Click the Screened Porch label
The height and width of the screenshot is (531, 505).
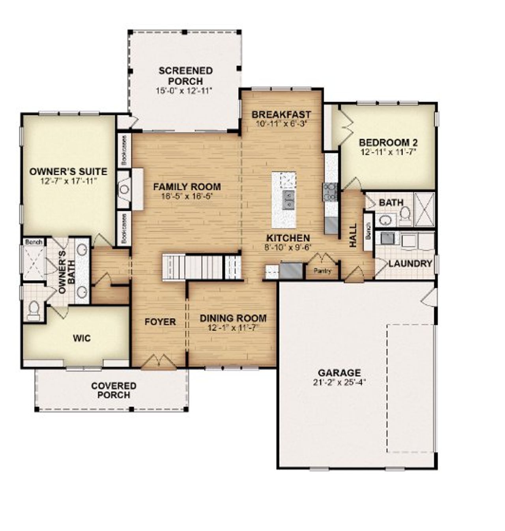185,76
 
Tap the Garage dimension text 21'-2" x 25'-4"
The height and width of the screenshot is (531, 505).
339,382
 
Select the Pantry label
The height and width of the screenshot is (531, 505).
322,271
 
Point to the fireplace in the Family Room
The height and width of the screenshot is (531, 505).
125,189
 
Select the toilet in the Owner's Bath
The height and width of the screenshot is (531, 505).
34,310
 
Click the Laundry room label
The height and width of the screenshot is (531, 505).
410,263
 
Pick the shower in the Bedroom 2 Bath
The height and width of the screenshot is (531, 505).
425,209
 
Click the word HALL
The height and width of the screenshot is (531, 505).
353,236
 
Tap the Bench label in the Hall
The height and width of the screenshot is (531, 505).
368,231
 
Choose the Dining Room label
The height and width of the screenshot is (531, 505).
233,318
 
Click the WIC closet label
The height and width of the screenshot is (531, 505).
82,338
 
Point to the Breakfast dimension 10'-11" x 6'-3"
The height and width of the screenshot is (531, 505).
281,123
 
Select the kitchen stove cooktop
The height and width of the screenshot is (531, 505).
330,191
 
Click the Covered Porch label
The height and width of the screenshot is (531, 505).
114,390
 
